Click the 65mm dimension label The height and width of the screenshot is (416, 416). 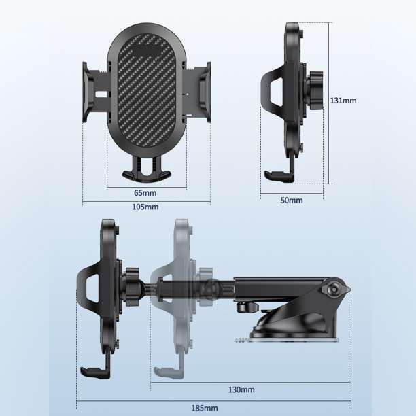145,193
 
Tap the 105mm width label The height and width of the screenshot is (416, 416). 145,207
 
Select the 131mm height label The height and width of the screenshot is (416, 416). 343,101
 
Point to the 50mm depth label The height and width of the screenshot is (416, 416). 292,201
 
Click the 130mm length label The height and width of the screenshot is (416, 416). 241,389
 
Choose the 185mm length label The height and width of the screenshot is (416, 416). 205,408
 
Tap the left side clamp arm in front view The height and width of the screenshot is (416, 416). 95,92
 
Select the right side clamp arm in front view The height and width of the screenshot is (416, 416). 198,92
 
